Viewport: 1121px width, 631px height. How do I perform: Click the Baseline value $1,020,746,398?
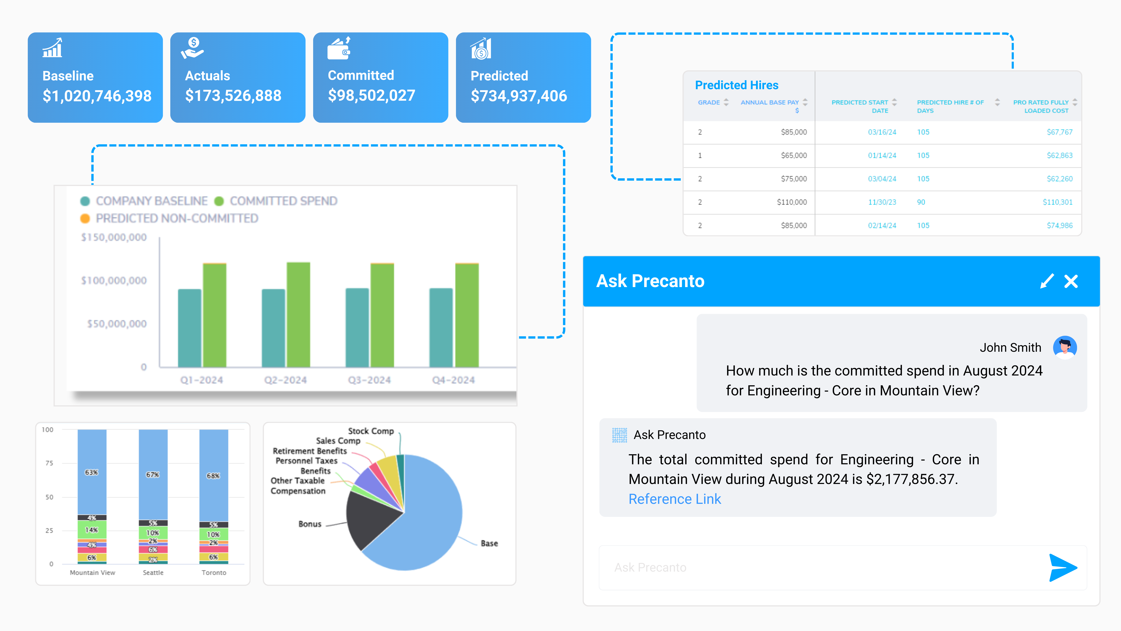97,96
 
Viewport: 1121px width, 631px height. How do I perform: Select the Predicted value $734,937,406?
519,96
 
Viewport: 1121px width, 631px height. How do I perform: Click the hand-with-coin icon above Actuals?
192,48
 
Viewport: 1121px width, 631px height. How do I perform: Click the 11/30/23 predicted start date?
882,202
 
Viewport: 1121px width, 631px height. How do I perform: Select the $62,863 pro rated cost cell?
1060,155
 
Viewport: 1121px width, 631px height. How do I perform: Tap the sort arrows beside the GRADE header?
726,102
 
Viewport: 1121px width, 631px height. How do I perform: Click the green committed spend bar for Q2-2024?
298,314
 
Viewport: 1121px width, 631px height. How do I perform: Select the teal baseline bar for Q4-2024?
441,327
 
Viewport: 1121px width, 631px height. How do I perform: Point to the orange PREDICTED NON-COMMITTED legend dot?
85,218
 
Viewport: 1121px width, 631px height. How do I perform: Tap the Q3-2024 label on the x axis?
369,380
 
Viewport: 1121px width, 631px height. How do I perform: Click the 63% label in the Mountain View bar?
91,472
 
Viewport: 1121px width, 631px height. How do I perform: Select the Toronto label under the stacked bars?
214,573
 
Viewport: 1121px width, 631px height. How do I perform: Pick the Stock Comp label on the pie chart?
371,431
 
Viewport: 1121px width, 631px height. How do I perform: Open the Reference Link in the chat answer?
675,499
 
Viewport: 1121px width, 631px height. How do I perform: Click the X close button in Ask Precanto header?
1071,281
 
